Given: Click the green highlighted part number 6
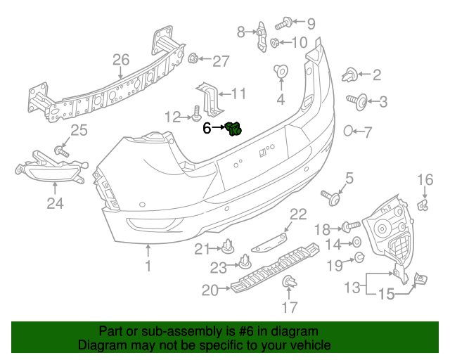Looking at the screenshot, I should click(x=234, y=128).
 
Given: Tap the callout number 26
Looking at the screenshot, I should click(x=121, y=59).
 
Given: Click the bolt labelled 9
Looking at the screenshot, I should click(x=281, y=24).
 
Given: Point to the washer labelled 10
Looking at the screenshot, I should click(x=275, y=44).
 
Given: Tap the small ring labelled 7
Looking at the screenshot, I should click(x=348, y=130).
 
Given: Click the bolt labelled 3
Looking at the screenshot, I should click(x=359, y=102).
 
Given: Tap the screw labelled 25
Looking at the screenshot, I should click(x=60, y=150).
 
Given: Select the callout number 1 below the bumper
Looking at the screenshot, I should click(x=148, y=266).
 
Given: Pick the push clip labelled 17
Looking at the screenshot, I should click(x=288, y=283).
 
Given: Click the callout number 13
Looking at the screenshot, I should click(x=352, y=286).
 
